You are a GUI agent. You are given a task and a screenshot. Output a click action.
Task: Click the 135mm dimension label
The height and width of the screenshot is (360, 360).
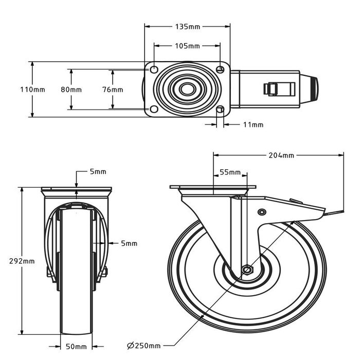(188, 26)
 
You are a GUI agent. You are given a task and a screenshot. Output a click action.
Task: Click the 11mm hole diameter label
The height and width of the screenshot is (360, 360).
(253, 124)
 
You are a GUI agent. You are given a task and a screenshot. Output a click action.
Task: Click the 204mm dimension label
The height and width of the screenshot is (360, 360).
(281, 155)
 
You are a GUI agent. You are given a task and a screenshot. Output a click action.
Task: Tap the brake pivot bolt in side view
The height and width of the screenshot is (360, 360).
(262, 212)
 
